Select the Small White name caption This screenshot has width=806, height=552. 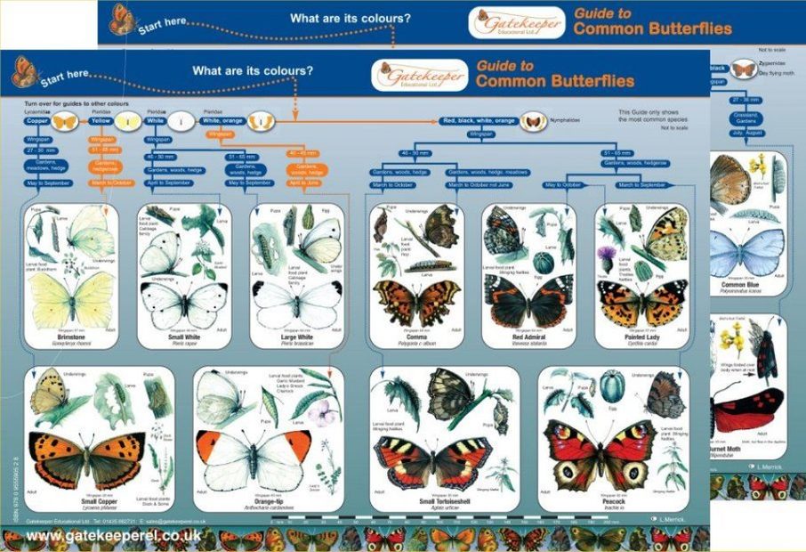(185, 339)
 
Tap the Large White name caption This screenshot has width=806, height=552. (295, 339)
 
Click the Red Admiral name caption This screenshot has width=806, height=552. (529, 339)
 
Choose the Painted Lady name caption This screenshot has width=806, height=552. (642, 339)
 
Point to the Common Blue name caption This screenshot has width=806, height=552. (746, 285)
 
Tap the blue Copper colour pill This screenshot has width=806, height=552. (36, 119)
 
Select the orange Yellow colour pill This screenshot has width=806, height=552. (101, 119)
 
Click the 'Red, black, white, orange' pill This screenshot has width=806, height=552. (480, 120)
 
